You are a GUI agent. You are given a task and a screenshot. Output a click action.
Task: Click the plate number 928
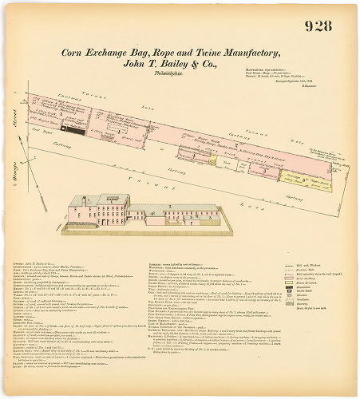(318, 26)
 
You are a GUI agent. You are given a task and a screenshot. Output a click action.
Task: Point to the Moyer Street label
(15, 132)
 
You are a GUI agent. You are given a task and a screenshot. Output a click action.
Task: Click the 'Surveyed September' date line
(307, 81)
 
